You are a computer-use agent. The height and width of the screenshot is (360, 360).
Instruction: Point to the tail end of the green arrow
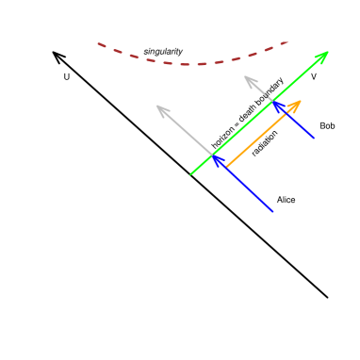pyautogui.click(x=190, y=175)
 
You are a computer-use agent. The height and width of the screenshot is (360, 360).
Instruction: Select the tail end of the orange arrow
pyautogui.click(x=226, y=168)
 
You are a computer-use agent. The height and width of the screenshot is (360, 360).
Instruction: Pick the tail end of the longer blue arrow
pyautogui.click(x=273, y=211)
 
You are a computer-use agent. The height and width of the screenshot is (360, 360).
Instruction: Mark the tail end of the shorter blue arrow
pyautogui.click(x=313, y=139)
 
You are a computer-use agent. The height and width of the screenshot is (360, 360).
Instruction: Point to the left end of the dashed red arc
pyautogui.click(x=98, y=42)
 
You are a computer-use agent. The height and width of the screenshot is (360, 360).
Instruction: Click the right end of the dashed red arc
pyautogui.click(x=288, y=41)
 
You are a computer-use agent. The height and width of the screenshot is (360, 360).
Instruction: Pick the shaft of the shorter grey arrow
pyautogui.click(x=259, y=89)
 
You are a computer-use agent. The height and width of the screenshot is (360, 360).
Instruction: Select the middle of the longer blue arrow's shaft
pyautogui.click(x=243, y=184)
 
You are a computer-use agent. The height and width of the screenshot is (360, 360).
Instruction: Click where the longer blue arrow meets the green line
pyautogui.click(x=213, y=155)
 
